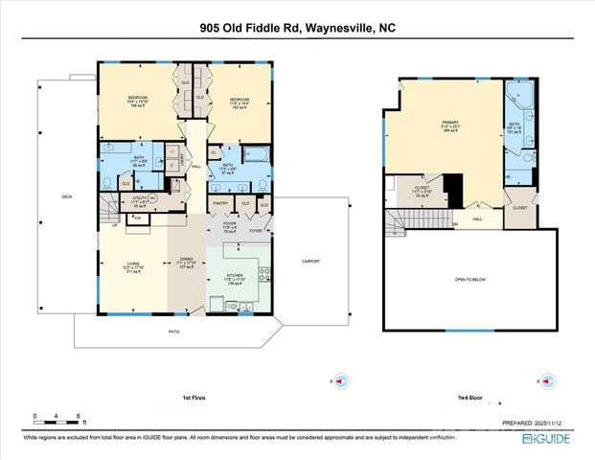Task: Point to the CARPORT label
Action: (x=309, y=262)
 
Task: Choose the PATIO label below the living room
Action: (x=175, y=332)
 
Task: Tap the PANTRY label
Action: (x=219, y=203)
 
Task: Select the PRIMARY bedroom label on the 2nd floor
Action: (x=450, y=123)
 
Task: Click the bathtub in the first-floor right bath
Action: (x=258, y=153)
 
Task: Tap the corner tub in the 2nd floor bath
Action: (x=520, y=95)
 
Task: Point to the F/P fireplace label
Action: (x=138, y=218)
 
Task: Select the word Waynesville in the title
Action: (x=336, y=28)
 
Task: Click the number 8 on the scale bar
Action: (x=77, y=416)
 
